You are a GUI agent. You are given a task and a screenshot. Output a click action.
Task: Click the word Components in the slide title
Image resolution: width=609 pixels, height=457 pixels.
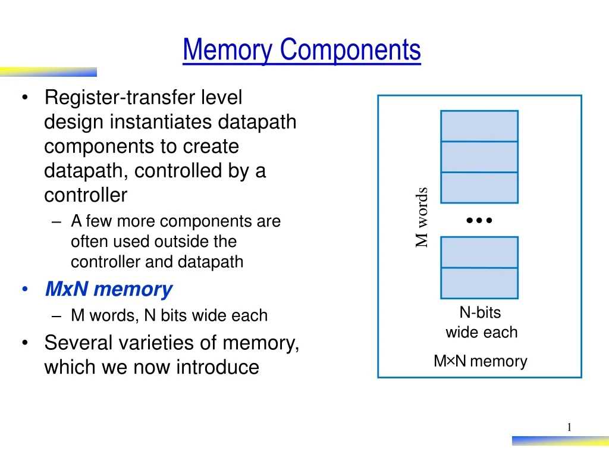coord(350,50)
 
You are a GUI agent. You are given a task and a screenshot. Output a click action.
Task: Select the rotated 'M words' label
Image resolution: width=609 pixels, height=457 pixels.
coord(422,217)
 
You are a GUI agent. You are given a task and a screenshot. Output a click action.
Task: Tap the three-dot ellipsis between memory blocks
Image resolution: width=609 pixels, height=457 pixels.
coord(479,220)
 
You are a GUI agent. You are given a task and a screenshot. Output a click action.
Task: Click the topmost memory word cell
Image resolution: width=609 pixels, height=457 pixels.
coord(479,126)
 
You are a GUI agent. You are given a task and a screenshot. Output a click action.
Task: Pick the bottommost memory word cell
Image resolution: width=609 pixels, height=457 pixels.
coord(479,283)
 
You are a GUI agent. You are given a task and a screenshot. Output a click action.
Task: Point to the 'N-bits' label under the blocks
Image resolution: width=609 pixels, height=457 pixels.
coord(481,312)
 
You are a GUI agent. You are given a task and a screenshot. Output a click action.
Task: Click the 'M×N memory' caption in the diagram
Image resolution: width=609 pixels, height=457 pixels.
coord(481,361)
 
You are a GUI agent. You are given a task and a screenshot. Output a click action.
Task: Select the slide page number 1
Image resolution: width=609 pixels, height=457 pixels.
coord(569,427)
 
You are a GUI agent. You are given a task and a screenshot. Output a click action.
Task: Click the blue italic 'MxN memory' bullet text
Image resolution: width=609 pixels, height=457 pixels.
coord(109,290)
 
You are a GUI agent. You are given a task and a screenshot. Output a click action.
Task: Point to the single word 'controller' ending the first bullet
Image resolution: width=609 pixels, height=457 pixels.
coord(86,195)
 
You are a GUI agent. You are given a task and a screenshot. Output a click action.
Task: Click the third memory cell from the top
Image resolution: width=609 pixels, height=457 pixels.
coord(479,187)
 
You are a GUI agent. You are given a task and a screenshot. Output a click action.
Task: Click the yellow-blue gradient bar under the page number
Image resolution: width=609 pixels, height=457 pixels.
coord(560,441)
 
